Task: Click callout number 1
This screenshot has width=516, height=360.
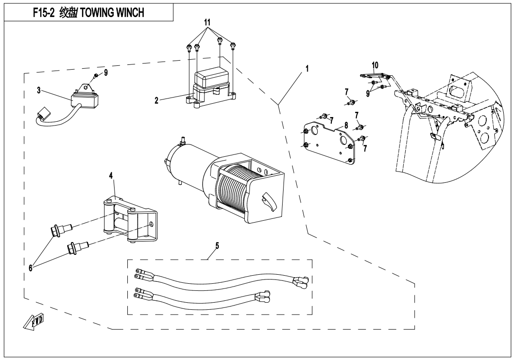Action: [307, 68]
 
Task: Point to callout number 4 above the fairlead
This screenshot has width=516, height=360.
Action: [111, 176]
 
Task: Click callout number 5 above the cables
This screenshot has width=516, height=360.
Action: [217, 245]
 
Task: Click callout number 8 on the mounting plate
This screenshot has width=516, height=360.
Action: [346, 125]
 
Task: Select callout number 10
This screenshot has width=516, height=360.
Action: [375, 64]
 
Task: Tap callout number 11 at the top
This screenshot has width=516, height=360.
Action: [207, 22]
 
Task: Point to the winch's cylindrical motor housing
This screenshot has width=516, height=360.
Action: [182, 161]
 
